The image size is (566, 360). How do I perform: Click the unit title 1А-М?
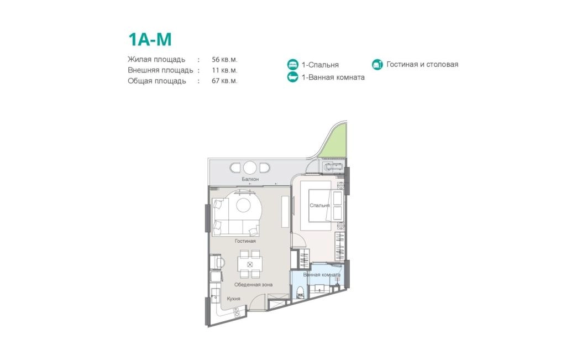point(150,40)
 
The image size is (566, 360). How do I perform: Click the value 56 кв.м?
point(224,60)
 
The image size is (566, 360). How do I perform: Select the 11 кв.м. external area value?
point(224,70)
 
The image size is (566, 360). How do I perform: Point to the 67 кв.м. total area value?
point(224,81)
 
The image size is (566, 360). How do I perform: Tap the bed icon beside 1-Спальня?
point(293,65)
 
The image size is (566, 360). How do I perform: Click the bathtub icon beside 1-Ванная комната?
point(293,77)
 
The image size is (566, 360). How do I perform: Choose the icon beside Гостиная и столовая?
point(377,65)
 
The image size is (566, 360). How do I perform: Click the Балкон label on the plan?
point(250,179)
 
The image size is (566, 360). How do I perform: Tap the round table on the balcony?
point(249,168)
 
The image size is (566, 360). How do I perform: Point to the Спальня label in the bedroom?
point(320,205)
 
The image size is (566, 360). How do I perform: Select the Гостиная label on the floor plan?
point(245,241)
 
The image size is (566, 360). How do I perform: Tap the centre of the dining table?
point(249,264)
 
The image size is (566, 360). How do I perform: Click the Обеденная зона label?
point(253,285)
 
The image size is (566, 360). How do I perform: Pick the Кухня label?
point(234,299)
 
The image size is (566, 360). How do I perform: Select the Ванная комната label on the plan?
point(322,275)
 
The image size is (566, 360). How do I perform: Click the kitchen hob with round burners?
point(237,312)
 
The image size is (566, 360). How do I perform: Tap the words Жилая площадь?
point(156,60)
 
